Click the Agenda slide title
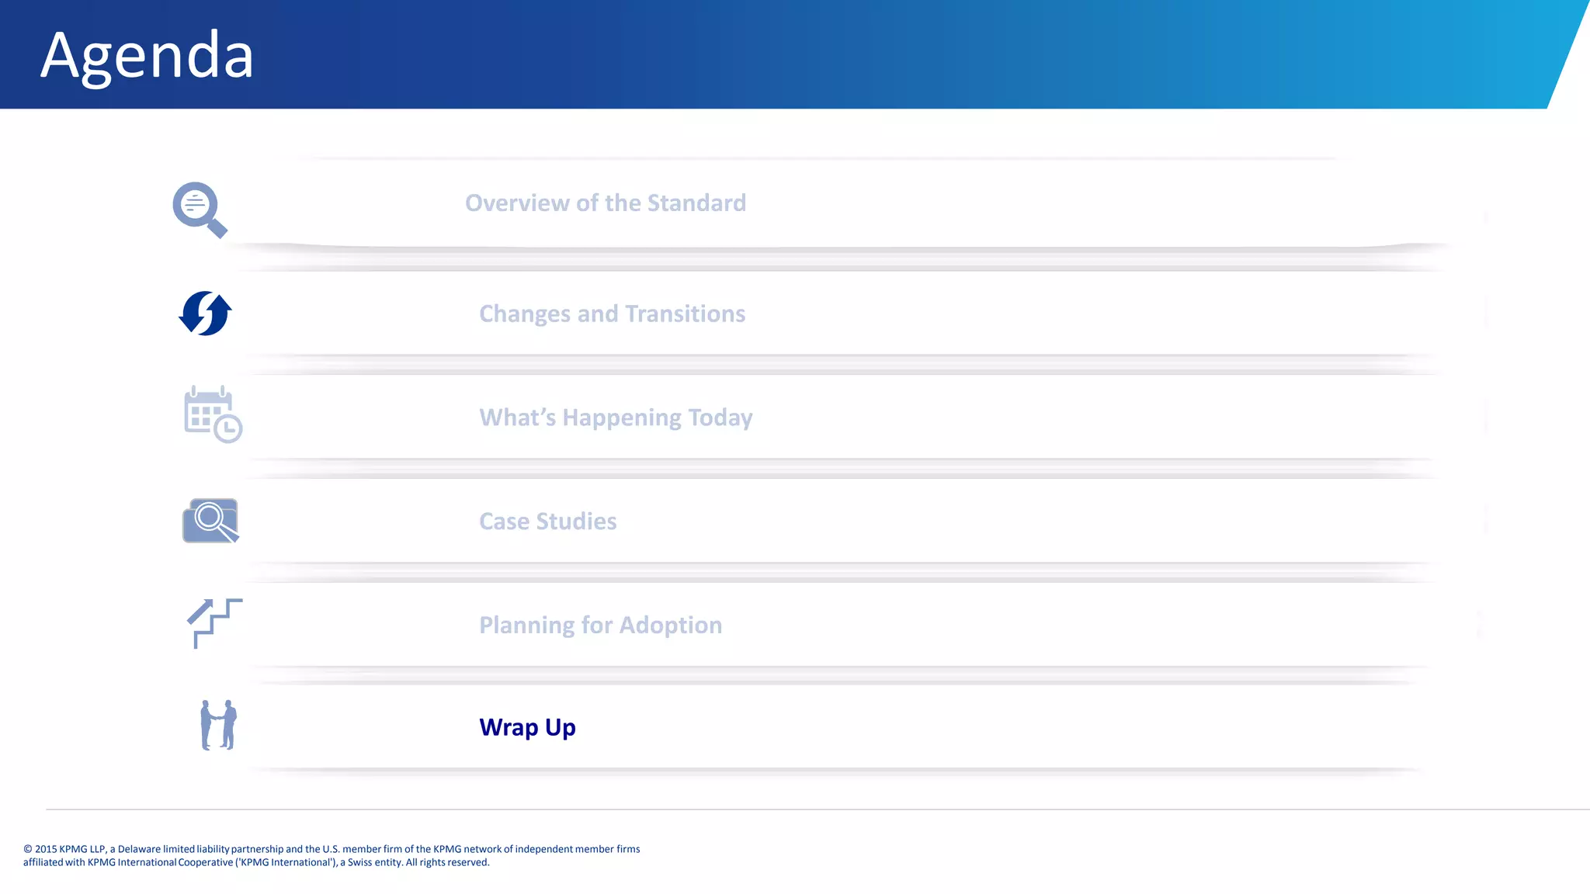[x=147, y=56]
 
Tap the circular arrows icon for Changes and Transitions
[x=205, y=314]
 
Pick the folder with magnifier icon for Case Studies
[x=210, y=521]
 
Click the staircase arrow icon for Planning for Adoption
[x=214, y=622]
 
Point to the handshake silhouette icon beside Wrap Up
[x=218, y=726]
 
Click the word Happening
[x=621, y=418]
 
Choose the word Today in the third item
[x=720, y=418]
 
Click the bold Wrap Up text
[x=527, y=728]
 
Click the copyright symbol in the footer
[x=28, y=850]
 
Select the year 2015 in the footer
[x=46, y=850]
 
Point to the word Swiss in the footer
[x=359, y=863]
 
